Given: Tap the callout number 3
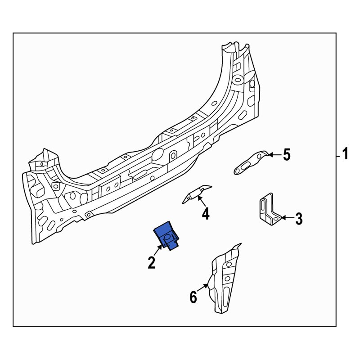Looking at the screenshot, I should coord(298,219).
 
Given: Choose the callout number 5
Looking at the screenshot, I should coord(286,155).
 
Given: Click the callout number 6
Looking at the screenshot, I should coord(193,297).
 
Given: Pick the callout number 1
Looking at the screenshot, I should coord(346,155).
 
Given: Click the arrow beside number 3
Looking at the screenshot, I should coord(286,219).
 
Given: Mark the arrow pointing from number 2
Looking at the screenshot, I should coord(158,250).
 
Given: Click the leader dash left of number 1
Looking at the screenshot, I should coord(337,156).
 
